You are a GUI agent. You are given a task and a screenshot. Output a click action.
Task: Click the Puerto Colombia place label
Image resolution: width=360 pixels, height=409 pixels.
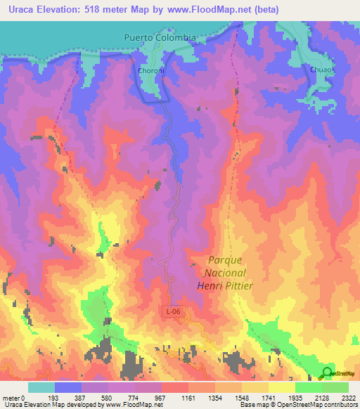point(159,38)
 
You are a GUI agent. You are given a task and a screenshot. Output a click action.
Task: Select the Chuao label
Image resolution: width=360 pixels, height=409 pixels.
point(320,70)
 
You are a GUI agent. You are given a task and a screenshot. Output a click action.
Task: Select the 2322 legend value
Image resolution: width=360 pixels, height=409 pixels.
point(347,397)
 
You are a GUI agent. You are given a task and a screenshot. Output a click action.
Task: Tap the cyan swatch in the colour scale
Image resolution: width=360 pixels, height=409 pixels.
point(41,387)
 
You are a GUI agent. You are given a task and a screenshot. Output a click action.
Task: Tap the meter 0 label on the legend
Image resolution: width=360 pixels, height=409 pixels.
point(13,397)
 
